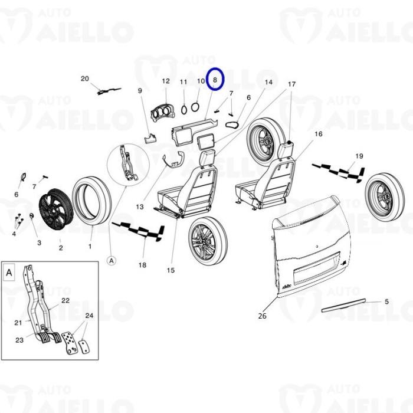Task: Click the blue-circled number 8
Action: pyautogui.click(x=215, y=78)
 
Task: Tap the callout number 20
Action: pyautogui.click(x=84, y=78)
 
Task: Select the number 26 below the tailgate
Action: pyautogui.click(x=262, y=316)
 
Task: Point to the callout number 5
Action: pyautogui.click(x=386, y=301)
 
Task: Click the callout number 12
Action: pyautogui.click(x=165, y=81)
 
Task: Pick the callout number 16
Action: pyautogui.click(x=318, y=134)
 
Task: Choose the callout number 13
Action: pyautogui.click(x=140, y=206)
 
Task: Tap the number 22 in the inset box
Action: pyautogui.click(x=65, y=300)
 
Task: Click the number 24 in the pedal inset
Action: pyautogui.click(x=89, y=315)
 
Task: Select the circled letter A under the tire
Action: pyautogui.click(x=111, y=259)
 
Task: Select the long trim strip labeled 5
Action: pyautogui.click(x=343, y=304)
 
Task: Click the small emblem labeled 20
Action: pyautogui.click(x=107, y=90)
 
